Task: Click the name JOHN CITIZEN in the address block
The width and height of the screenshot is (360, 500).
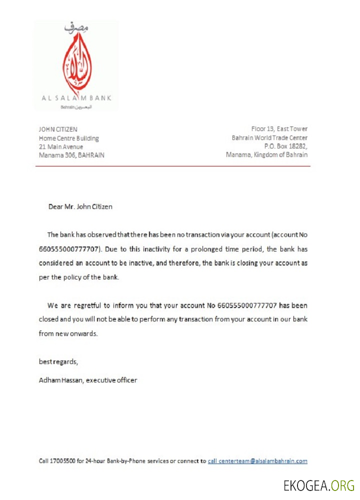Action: [x=58, y=129]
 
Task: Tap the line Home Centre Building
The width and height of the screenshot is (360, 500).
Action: [x=69, y=138]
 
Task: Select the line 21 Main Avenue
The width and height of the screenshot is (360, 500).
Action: [x=61, y=146]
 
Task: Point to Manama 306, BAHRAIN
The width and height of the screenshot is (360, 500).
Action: [x=71, y=155]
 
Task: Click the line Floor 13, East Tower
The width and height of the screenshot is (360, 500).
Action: [x=279, y=129]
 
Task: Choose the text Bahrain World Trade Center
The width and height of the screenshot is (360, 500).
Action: [x=269, y=138]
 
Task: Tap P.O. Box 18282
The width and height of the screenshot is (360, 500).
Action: [x=285, y=146]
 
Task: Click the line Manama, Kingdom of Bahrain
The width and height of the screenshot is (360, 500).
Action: [x=266, y=155]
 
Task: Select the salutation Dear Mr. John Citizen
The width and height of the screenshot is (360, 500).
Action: [x=80, y=206]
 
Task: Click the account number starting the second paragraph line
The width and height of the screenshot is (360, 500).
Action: [x=70, y=248]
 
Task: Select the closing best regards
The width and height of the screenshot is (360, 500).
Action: [x=58, y=361]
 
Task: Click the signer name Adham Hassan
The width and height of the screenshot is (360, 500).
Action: [x=60, y=380]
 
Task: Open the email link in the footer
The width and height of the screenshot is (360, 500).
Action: [x=257, y=461]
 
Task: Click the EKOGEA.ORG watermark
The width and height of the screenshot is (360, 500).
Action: [x=318, y=485]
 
